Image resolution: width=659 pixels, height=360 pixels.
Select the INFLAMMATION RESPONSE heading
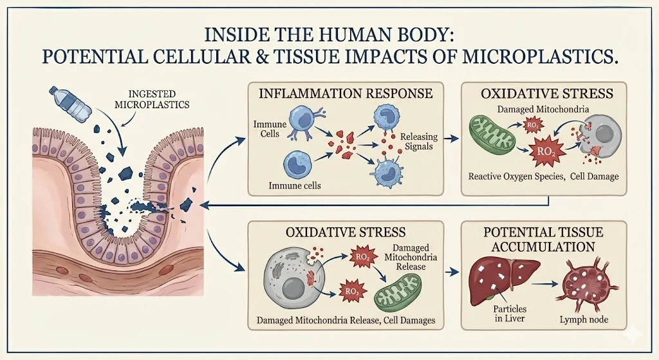pyautogui.click(x=345, y=93)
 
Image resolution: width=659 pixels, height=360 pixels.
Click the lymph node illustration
pyautogui.click(x=585, y=281)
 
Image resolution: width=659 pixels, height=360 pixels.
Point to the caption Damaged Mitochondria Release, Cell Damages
pyautogui.click(x=346, y=319)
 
